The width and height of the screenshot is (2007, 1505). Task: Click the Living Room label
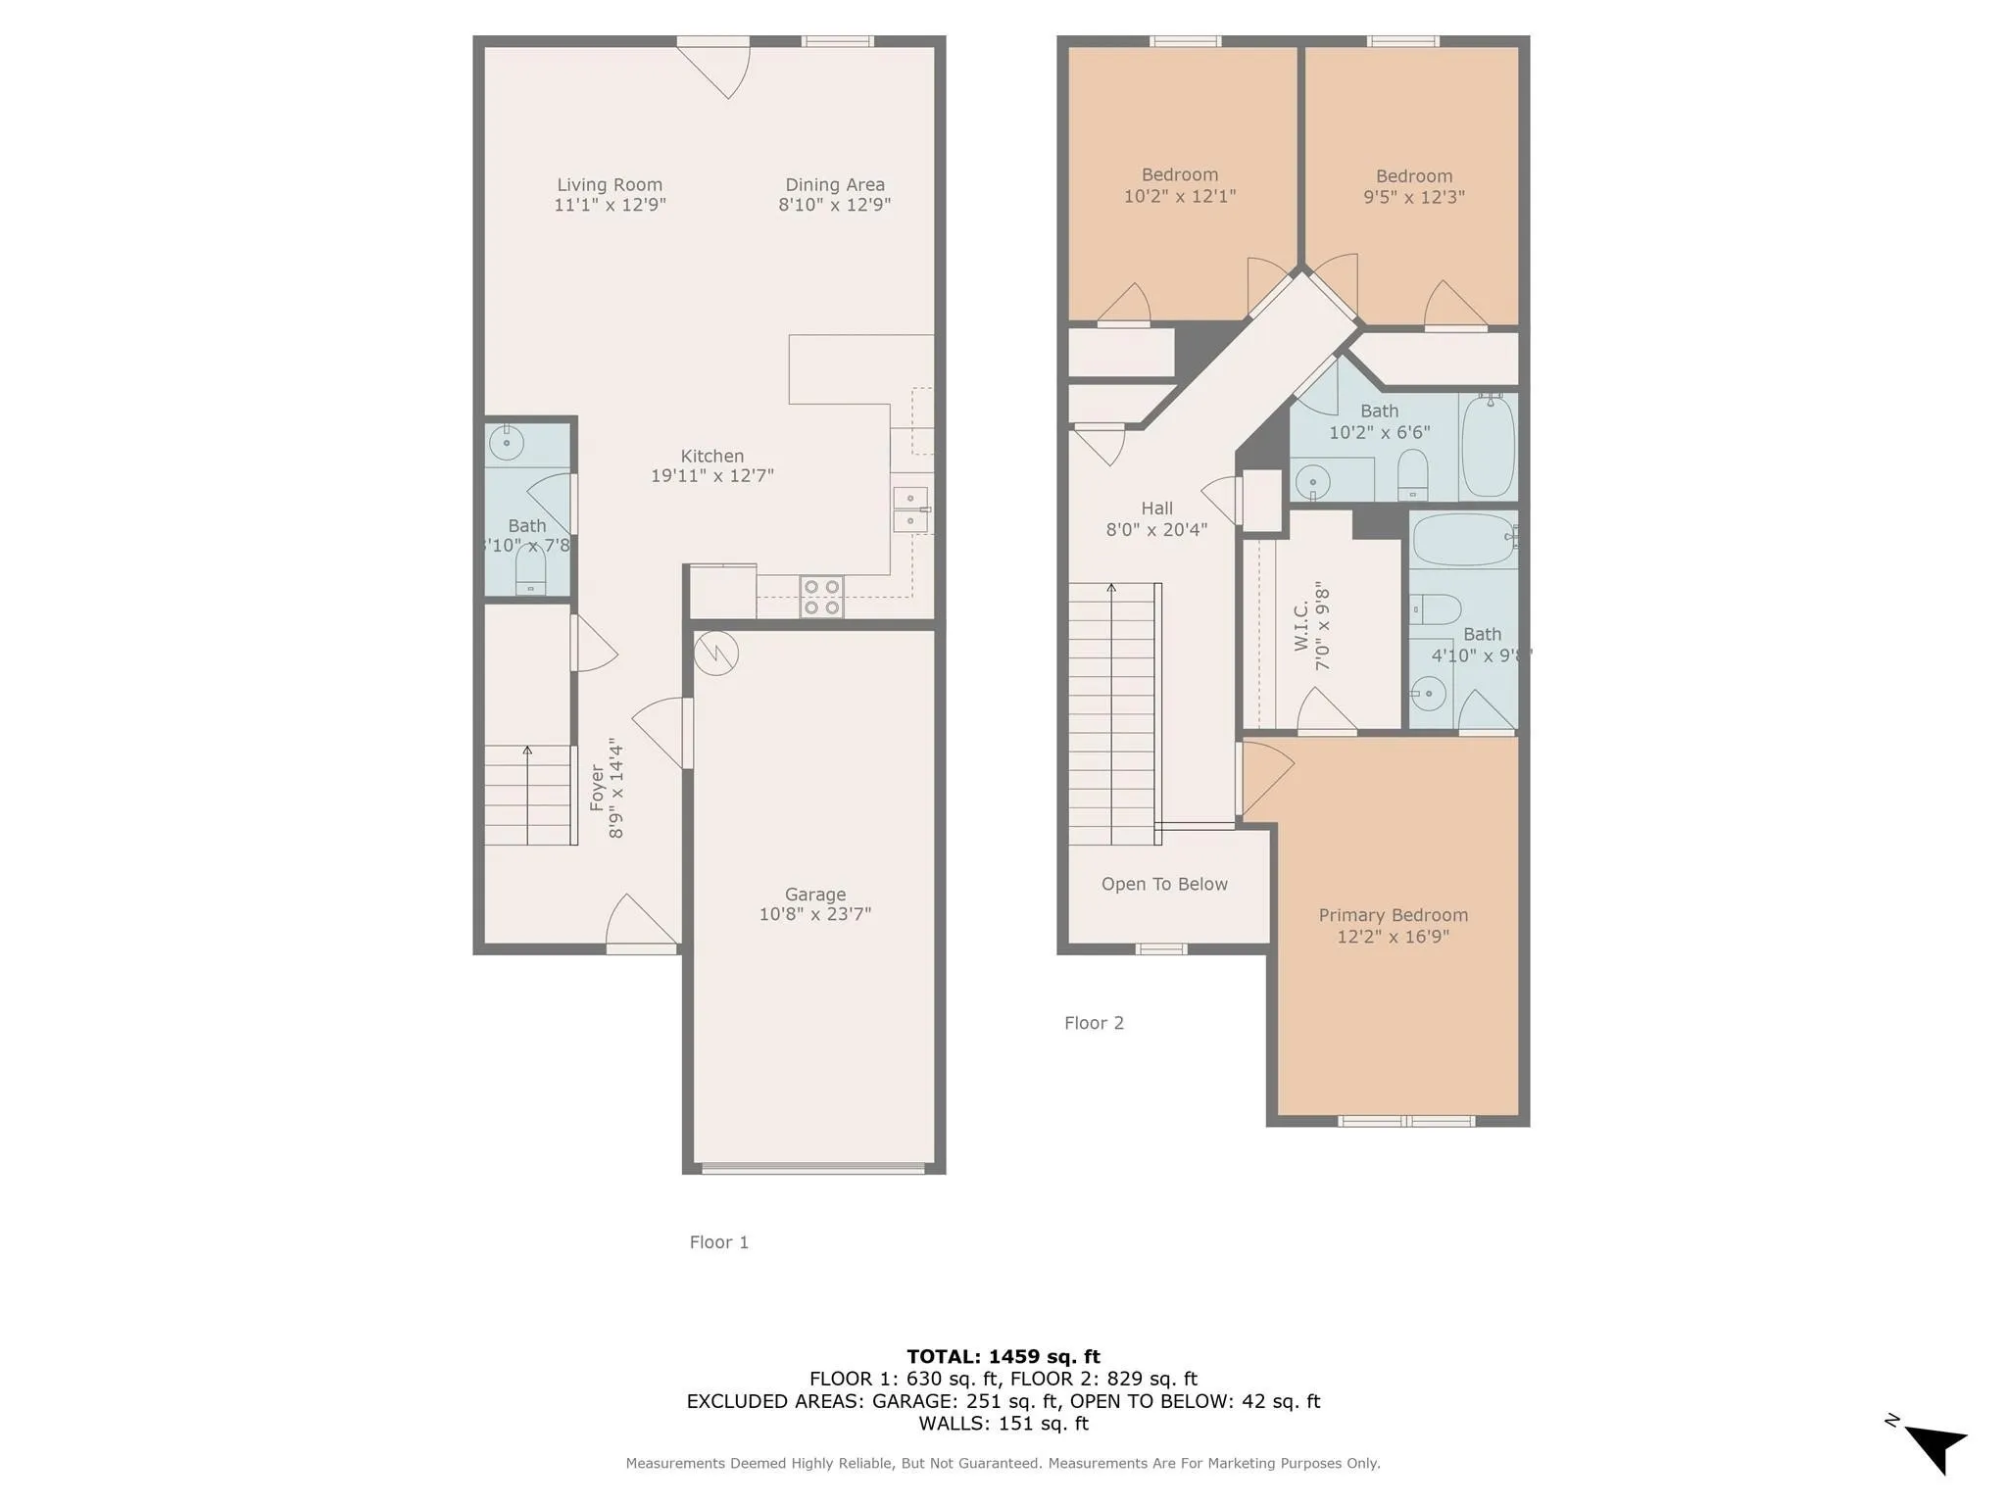click(x=610, y=184)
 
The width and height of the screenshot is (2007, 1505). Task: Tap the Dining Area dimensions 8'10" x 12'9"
click(x=834, y=205)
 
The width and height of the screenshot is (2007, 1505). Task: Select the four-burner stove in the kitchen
click(x=821, y=597)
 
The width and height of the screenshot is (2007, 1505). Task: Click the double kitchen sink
click(x=910, y=510)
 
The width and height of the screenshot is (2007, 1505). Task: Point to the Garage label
click(x=814, y=894)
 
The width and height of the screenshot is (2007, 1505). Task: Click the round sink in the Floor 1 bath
click(x=507, y=443)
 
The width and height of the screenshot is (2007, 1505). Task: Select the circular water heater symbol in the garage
click(x=715, y=654)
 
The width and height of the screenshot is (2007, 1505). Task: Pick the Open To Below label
click(x=1164, y=884)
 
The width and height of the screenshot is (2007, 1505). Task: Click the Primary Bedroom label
click(x=1393, y=915)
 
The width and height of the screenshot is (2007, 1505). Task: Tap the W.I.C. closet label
click(x=1301, y=627)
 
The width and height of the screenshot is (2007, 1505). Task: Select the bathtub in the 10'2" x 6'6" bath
click(x=1488, y=447)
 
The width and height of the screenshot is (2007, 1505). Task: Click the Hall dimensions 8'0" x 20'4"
click(x=1156, y=530)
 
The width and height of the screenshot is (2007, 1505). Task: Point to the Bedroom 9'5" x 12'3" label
click(x=1413, y=176)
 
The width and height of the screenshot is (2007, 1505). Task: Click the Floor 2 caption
click(x=1094, y=1023)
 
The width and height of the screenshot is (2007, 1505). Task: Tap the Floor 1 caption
click(x=718, y=1242)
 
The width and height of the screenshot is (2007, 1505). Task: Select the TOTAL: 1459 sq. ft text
click(x=1003, y=1356)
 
